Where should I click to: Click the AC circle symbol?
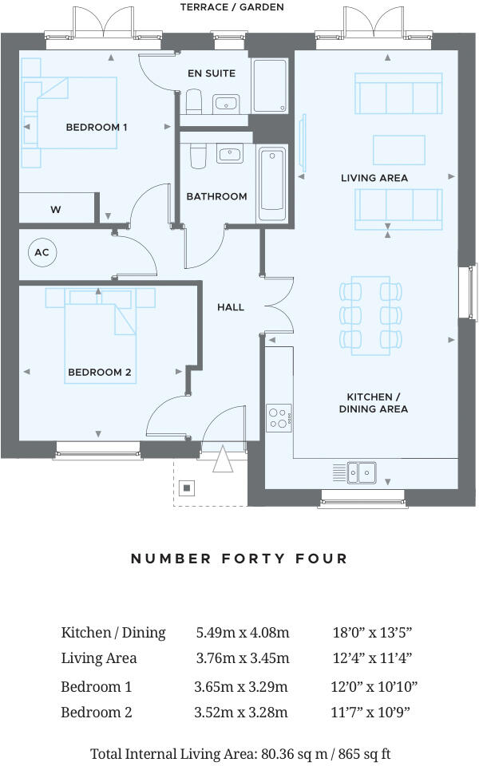[x=42, y=253]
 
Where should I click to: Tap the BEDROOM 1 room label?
[x=97, y=127]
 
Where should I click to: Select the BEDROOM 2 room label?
[x=100, y=372]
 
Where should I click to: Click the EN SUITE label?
[x=212, y=73]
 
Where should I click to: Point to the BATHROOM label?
[x=216, y=196]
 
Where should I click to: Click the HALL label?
[x=231, y=307]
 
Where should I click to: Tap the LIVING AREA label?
[x=374, y=178]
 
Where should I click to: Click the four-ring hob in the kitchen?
[x=278, y=419]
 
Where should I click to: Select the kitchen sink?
[x=362, y=472]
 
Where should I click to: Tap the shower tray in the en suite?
[x=270, y=85]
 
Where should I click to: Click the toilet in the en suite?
[x=194, y=101]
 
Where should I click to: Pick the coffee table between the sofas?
[x=398, y=149]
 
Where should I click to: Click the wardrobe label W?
[x=56, y=210]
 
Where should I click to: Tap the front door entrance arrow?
[x=221, y=460]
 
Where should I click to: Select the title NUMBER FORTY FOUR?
[x=239, y=559]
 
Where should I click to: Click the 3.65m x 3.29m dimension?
[x=241, y=686]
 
